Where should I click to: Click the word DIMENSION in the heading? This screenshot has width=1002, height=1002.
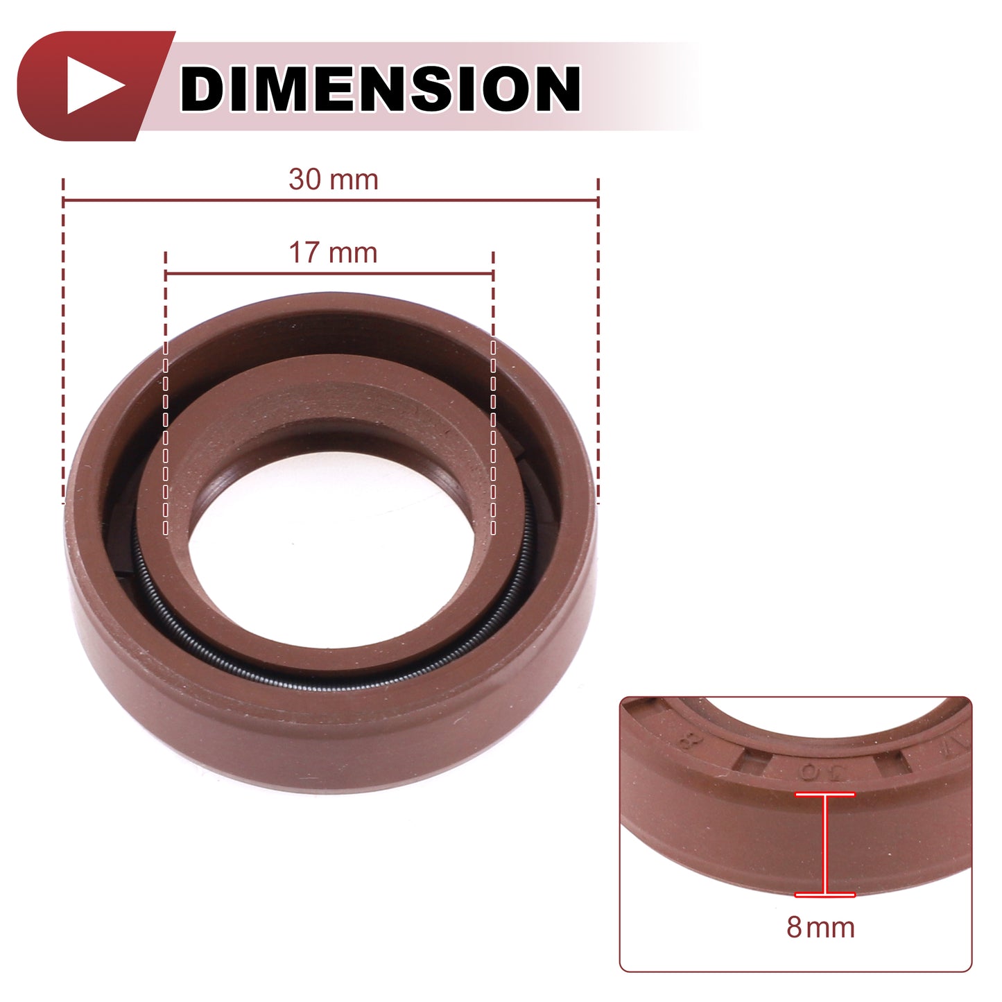pos(380,88)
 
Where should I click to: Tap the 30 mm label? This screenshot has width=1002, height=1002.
pos(334,180)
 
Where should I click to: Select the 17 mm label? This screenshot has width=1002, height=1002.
pos(333,252)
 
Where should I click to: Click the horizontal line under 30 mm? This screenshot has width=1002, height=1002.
pos(331,200)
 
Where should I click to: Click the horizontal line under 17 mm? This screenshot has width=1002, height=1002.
pos(329,273)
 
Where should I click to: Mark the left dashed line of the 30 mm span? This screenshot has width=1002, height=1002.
pos(63,341)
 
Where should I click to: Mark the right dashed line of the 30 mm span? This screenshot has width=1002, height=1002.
pos(598,341)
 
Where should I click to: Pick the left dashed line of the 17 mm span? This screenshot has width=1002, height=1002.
pos(165,393)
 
